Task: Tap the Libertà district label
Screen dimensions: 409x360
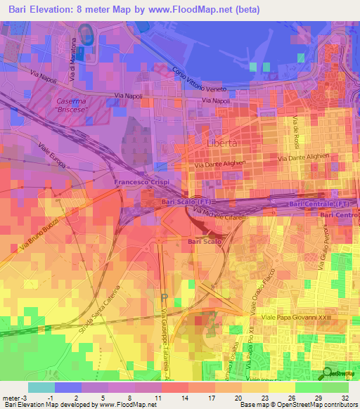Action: coord(224,142)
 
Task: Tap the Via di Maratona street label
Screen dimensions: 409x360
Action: coord(72,66)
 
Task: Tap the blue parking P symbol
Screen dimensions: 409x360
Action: coord(163,298)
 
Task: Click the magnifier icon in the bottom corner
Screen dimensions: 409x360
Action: coord(329,374)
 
